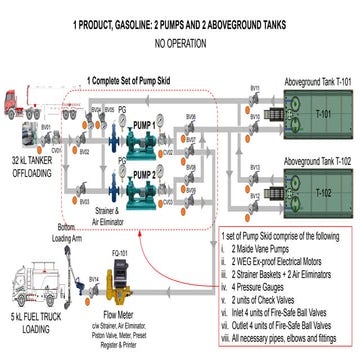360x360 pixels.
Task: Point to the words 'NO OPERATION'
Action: [x=180, y=44]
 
